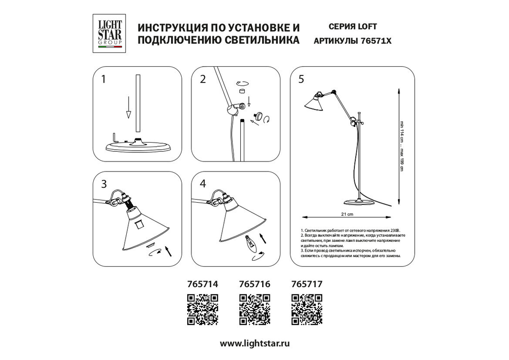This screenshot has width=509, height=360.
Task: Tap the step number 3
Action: (104, 184)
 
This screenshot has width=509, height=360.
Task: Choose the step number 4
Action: (203, 184)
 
